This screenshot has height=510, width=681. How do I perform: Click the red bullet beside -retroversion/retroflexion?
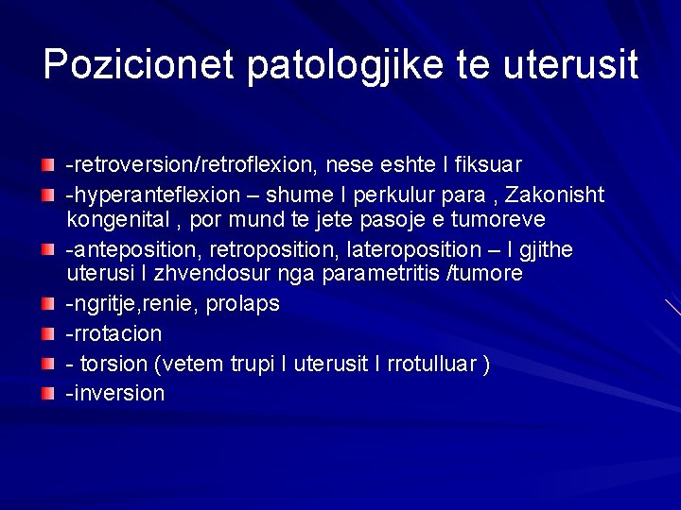coord(48,166)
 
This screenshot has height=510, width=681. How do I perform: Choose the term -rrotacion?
coord(113,333)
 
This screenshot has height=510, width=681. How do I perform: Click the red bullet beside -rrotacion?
coord(48,333)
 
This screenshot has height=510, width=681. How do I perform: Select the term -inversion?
coord(114,393)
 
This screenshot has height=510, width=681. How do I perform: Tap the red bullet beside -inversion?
coord(48,393)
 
